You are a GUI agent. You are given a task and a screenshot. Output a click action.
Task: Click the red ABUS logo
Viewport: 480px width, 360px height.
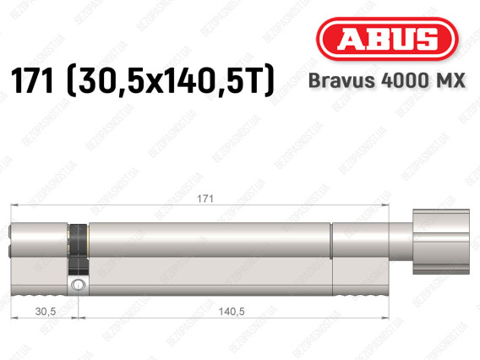point(387,39)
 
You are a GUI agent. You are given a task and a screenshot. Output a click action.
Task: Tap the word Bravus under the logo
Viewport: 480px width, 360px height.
point(341,81)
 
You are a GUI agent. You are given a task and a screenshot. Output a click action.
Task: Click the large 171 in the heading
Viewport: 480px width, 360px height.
point(31,81)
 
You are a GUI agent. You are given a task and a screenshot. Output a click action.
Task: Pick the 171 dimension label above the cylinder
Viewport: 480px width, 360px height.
point(205,199)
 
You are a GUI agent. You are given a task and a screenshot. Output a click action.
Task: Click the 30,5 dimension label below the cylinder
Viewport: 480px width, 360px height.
point(46,311)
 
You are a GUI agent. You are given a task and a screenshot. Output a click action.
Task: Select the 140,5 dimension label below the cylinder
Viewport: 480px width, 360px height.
point(232,311)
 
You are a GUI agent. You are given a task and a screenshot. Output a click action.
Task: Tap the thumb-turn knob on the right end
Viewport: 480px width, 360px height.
point(441,242)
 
